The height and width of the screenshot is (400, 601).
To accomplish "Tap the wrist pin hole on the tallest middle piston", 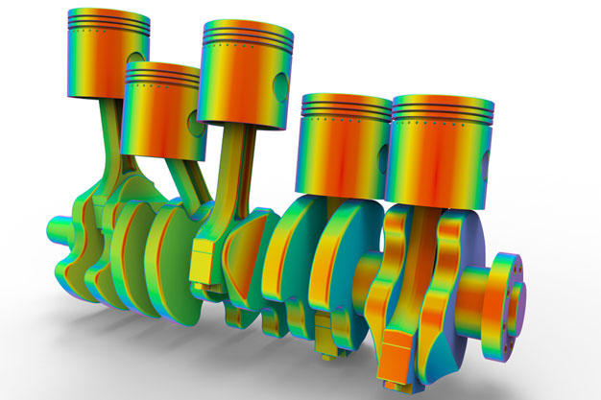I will point(276,85).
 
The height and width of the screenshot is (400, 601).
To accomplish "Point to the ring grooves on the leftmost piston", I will point(108,33).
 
